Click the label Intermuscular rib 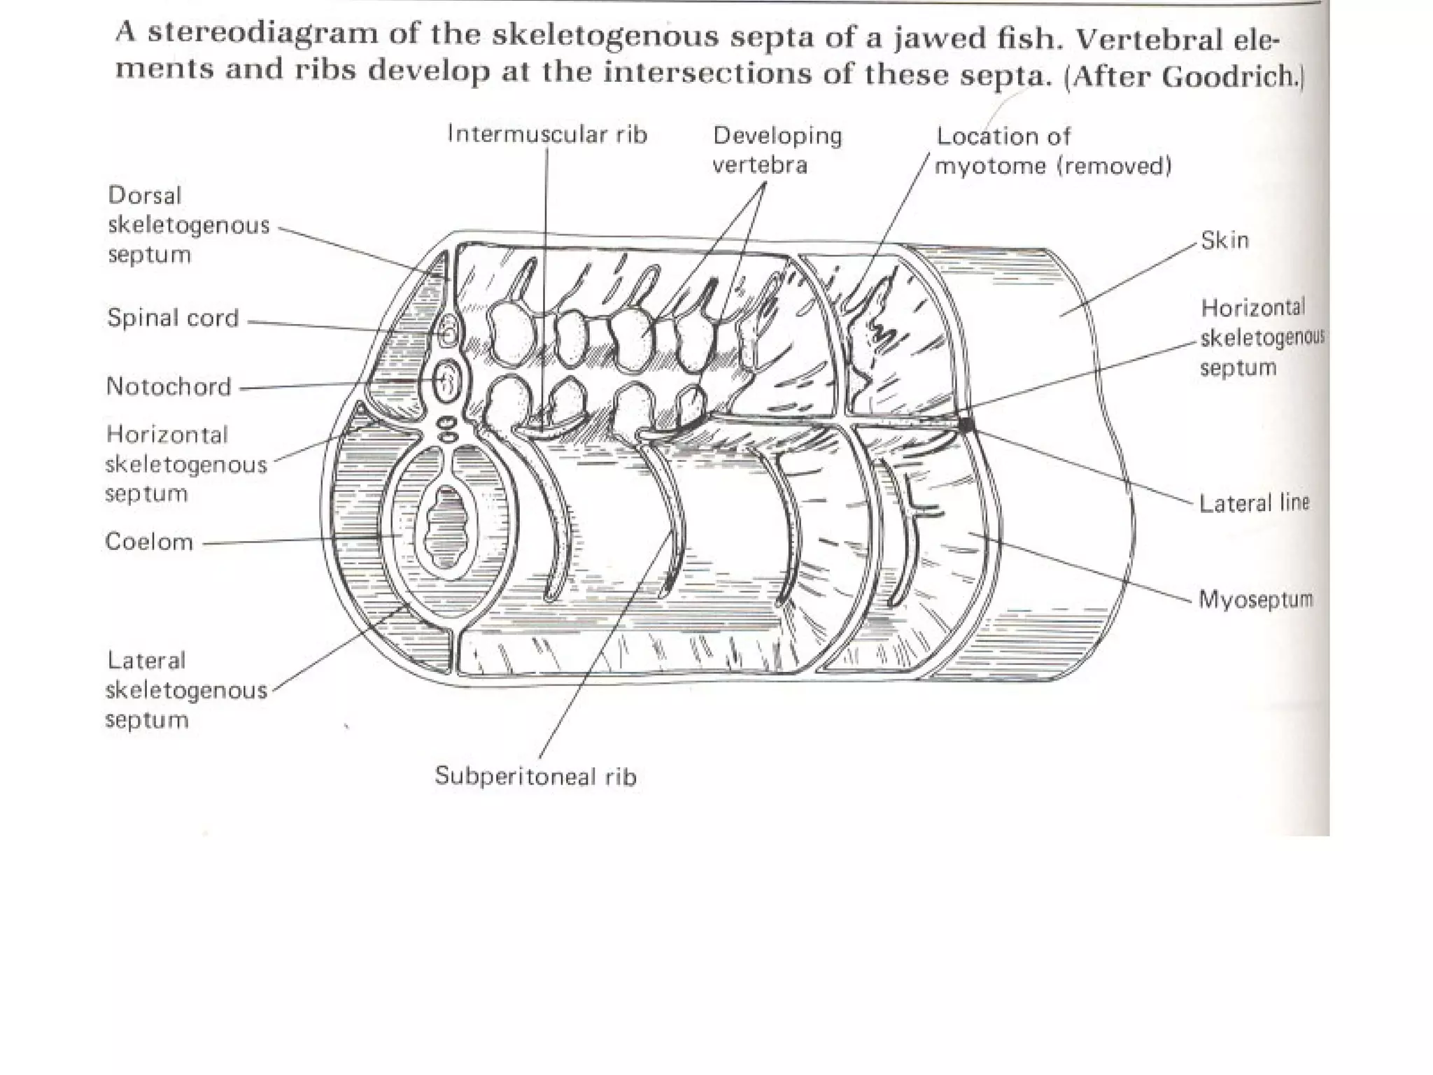click(547, 134)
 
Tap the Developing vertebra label click(777, 150)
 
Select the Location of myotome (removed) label click(1053, 151)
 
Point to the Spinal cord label click(173, 318)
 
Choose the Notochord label click(169, 386)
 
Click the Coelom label click(149, 542)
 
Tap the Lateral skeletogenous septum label click(186, 690)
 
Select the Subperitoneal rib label click(535, 776)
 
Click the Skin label click(1224, 241)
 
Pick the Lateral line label click(1253, 503)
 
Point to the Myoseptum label click(1255, 600)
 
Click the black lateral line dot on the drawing click(966, 423)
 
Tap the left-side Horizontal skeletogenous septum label click(186, 465)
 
